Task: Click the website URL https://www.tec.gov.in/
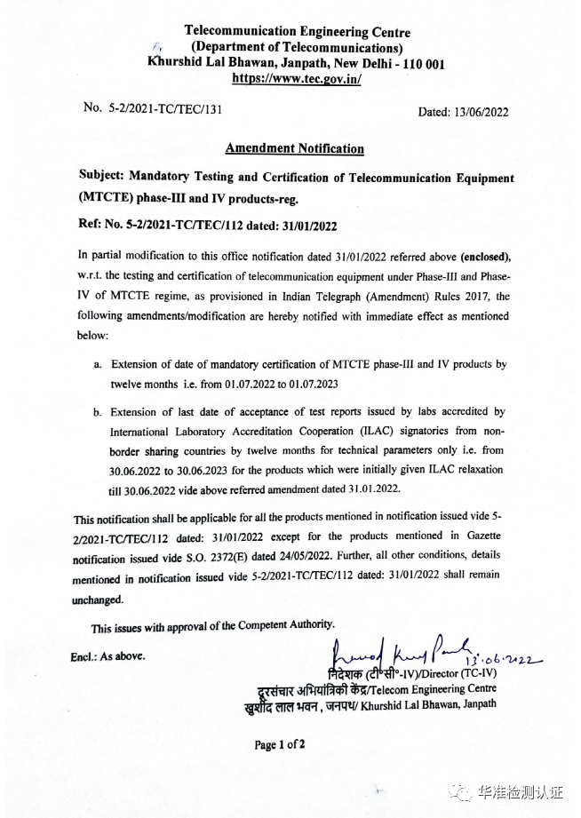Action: (297, 78)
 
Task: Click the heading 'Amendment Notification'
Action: (294, 148)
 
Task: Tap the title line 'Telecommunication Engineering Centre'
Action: (297, 32)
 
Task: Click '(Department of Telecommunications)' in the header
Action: (297, 48)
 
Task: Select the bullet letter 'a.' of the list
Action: (98, 364)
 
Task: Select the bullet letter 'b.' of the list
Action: (98, 411)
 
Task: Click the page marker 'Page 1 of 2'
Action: (280, 744)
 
